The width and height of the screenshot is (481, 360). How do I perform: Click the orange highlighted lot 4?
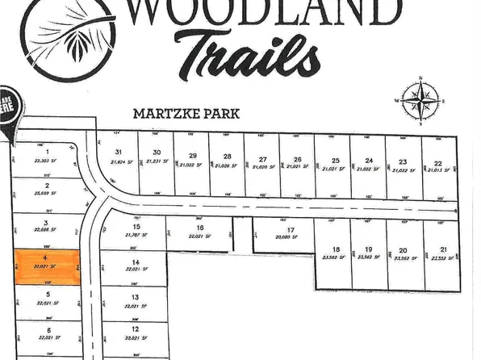pyautogui.click(x=48, y=266)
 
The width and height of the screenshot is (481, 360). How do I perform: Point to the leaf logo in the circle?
pyautogui.click(x=65, y=36)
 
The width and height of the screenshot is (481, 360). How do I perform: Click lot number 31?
pyautogui.click(x=119, y=152)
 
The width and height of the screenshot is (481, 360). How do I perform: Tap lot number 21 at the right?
pyautogui.click(x=441, y=249)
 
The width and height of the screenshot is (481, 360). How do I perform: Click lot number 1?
pyautogui.click(x=48, y=152)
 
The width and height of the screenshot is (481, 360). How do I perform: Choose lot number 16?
pyautogui.click(x=201, y=228)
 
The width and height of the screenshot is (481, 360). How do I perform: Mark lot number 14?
pyautogui.click(x=136, y=262)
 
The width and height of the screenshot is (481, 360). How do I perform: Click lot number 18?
pyautogui.click(x=337, y=249)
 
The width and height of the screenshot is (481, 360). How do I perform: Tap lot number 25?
pyautogui.click(x=335, y=161)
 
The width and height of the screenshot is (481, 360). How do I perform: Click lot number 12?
pyautogui.click(x=136, y=329)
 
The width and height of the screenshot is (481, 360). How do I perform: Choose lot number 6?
pyautogui.click(x=48, y=330)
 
